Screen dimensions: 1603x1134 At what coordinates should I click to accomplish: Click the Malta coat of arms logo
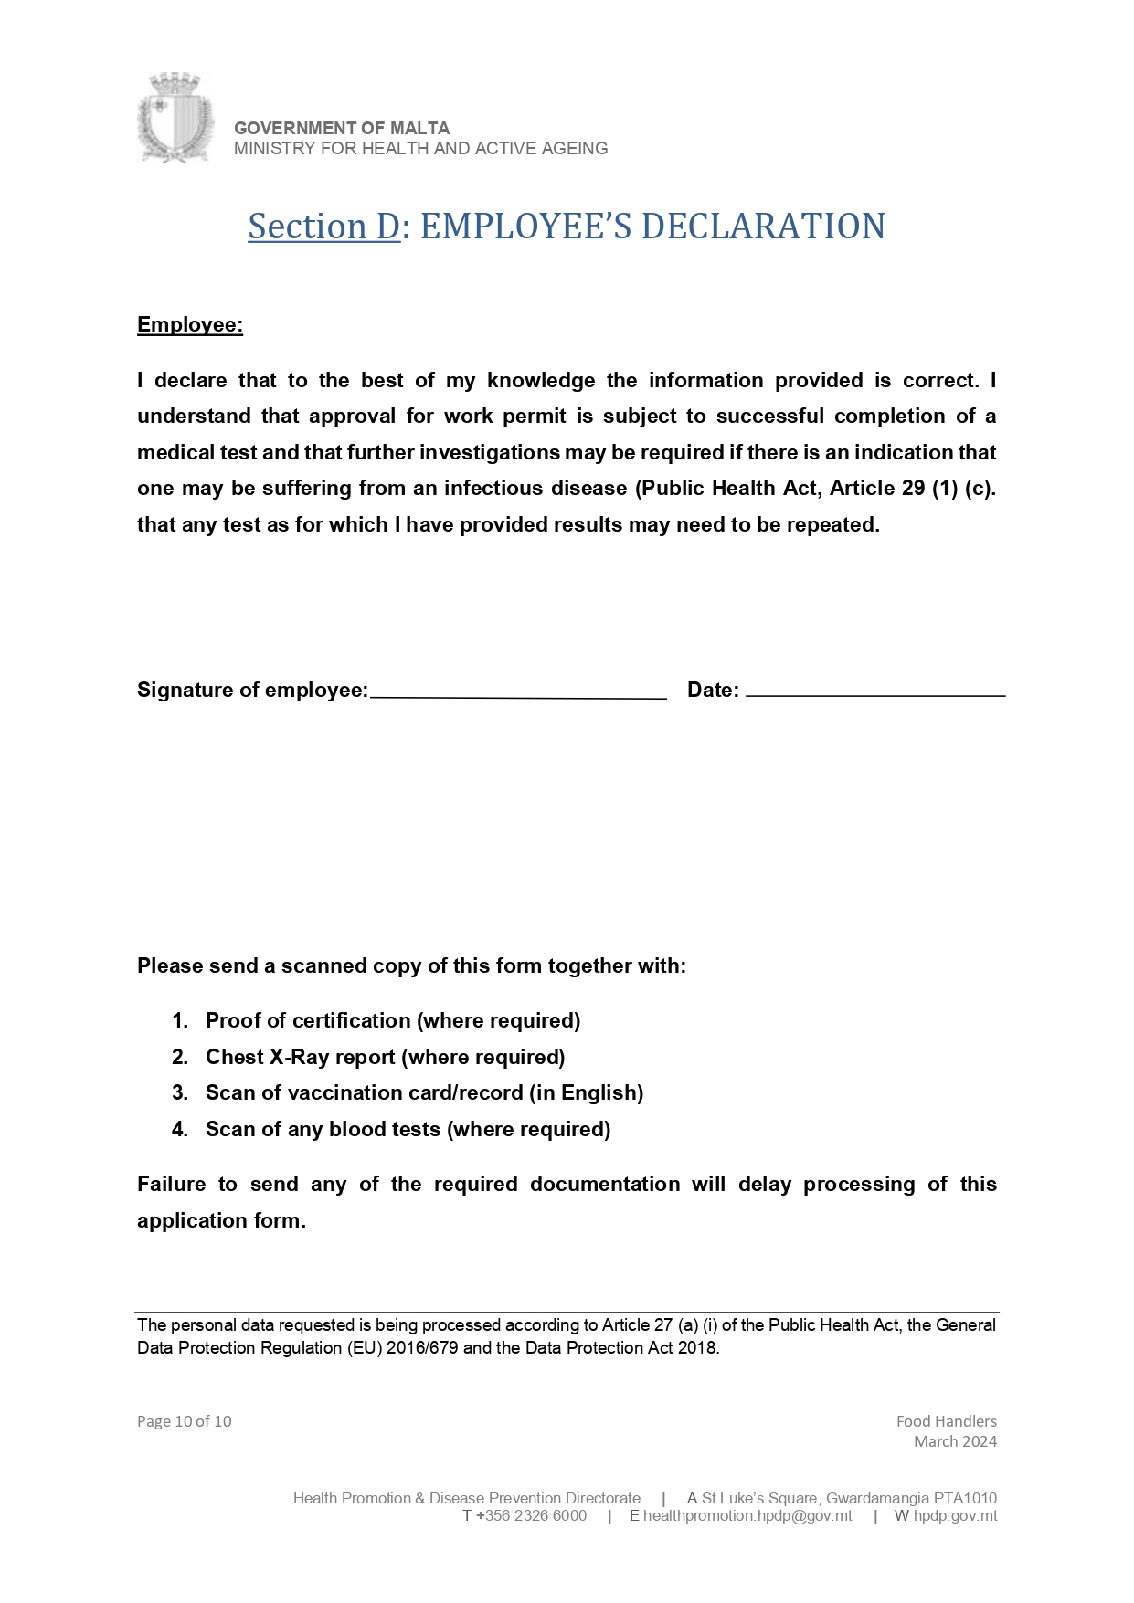(175, 118)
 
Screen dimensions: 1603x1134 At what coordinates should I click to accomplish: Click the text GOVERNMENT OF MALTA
(342, 128)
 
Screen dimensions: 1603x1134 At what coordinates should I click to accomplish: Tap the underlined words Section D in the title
(323, 227)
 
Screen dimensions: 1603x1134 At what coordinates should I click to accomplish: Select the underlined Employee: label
(190, 325)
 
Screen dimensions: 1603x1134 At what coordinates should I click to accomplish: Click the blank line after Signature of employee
(518, 692)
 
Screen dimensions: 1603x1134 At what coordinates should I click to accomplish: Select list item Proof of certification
(393, 1021)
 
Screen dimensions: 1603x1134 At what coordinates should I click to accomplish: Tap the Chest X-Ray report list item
(385, 1058)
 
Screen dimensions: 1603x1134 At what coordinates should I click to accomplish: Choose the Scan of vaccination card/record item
(424, 1093)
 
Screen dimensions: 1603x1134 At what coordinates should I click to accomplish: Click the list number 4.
(179, 1130)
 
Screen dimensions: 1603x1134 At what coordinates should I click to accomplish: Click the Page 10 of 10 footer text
(184, 1421)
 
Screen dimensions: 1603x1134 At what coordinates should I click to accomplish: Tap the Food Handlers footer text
(946, 1421)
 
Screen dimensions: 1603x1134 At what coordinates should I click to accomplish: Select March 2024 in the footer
(955, 1441)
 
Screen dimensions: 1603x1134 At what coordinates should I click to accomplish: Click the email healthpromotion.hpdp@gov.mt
(747, 1516)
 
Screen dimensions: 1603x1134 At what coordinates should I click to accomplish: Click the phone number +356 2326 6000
(531, 1516)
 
